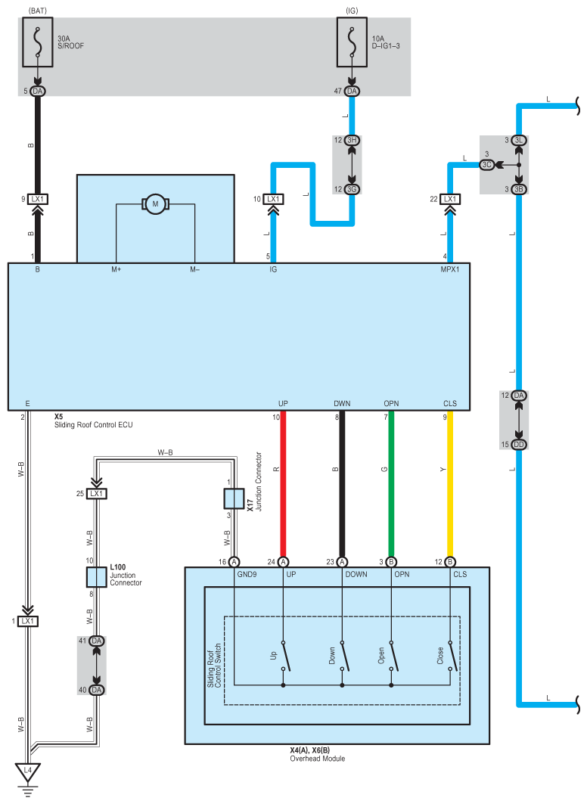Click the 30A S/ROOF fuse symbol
coord(37,42)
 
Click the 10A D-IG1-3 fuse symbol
coord(352,42)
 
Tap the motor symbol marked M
coord(155,204)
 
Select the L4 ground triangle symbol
coord(28,771)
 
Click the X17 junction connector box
coord(234,498)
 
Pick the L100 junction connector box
coord(96,577)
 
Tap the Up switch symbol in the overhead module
coord(285,657)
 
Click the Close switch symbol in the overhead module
coord(452,657)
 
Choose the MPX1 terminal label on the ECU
coord(449,270)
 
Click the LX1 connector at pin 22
coord(450,199)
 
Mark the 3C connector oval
coord(487,165)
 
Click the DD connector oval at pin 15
coord(519,445)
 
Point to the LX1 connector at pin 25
coord(96,494)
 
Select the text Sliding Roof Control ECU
coord(93,425)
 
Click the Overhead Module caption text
coord(318,759)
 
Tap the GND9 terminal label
coord(247,574)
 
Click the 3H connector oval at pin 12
coord(352,140)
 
